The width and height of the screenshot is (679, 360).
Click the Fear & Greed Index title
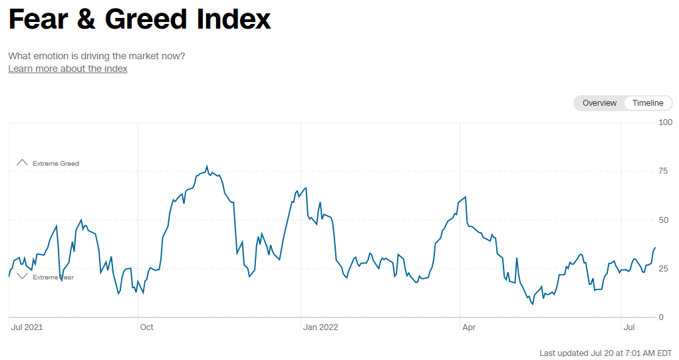[140, 19]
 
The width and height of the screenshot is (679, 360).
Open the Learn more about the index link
[68, 69]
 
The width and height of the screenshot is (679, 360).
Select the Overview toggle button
[599, 103]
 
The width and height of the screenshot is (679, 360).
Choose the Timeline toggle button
[648, 103]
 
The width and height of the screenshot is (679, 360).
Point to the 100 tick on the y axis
[665, 122]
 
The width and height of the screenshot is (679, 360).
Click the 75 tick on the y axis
[663, 171]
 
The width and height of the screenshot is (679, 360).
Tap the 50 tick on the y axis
[663, 220]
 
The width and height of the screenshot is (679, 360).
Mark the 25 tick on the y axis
[663, 269]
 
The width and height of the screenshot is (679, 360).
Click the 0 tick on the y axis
[661, 317]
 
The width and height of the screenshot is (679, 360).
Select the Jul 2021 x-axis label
[27, 327]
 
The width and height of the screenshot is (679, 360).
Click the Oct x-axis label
[147, 327]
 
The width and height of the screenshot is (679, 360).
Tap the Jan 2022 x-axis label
[321, 327]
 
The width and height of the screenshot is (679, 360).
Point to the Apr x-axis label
[469, 327]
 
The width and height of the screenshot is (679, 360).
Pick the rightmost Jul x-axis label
[630, 327]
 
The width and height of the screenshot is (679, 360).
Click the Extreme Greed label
[56, 164]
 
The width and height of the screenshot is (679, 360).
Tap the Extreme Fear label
[53, 277]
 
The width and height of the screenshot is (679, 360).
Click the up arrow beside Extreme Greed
[23, 162]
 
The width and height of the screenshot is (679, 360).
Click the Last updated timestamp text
[606, 353]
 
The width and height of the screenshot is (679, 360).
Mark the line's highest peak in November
[207, 166]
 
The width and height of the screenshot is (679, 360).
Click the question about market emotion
[96, 56]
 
